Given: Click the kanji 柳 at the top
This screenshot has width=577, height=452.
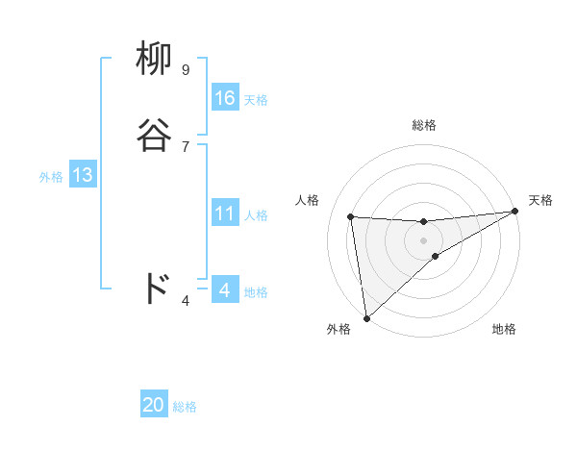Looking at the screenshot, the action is (x=155, y=60).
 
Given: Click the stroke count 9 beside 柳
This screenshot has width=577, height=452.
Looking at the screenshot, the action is (x=186, y=70).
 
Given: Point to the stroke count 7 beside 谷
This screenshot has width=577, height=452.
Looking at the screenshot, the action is (x=186, y=146).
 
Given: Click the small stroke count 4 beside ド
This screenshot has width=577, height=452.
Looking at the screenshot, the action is (x=186, y=301).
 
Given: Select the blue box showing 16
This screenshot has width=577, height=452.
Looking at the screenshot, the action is (x=225, y=98).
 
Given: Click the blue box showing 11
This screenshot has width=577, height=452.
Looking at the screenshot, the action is (x=225, y=213).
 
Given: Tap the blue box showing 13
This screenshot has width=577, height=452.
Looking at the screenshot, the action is (x=82, y=175).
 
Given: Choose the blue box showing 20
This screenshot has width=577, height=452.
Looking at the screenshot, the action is (x=154, y=406).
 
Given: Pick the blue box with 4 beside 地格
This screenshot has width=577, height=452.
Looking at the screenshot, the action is (x=225, y=290).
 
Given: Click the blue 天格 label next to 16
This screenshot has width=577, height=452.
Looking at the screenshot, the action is (x=256, y=100).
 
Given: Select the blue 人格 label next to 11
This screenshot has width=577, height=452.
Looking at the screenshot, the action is (x=256, y=215).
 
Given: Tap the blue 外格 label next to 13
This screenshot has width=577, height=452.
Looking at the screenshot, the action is (x=51, y=177).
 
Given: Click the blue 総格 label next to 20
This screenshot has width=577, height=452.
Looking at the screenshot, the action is (x=185, y=408).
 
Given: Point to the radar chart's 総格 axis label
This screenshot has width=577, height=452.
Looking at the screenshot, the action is (x=423, y=125).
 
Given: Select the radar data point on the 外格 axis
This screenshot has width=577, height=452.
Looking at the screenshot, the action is (x=366, y=317).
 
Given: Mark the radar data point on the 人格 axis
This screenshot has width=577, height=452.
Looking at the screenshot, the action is (x=351, y=216).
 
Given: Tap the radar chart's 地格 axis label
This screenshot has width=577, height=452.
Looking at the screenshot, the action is (x=504, y=330).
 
